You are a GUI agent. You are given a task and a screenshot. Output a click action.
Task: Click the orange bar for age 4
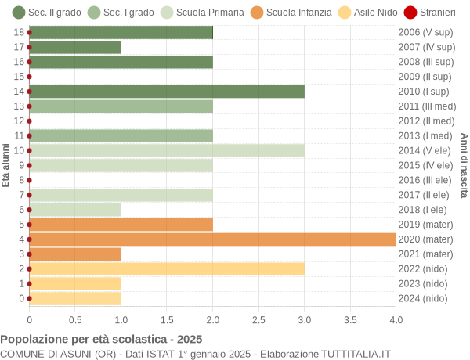coord(212,239)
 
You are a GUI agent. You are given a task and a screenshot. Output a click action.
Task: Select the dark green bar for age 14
coord(167,92)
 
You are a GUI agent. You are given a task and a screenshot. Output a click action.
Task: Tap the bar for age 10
coord(167,150)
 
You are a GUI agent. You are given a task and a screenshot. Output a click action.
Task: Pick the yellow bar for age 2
coord(167,269)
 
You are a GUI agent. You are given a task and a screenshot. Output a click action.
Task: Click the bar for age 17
coord(75,47)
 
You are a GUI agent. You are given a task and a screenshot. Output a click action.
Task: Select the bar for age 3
coord(75,254)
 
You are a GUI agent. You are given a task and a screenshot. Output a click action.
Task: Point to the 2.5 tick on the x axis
coord(258,319)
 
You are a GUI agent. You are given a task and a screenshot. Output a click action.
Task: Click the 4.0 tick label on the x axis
coord(396,319)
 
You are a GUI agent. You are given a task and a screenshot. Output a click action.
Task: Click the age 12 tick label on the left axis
coord(19,121)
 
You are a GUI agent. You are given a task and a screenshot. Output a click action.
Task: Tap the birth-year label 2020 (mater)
coord(425,239)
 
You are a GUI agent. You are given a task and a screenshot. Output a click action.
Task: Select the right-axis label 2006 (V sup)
coord(425,32)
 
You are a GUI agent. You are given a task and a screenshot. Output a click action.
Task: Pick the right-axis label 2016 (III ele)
coord(425,180)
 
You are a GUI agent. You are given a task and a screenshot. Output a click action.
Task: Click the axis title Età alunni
coord(6,165)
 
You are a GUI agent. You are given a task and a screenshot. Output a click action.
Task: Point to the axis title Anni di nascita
coord(464,165)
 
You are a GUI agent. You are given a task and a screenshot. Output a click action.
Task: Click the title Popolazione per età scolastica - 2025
coord(101,340)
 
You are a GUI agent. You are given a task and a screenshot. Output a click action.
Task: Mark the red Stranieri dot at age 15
coord(30,77)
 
